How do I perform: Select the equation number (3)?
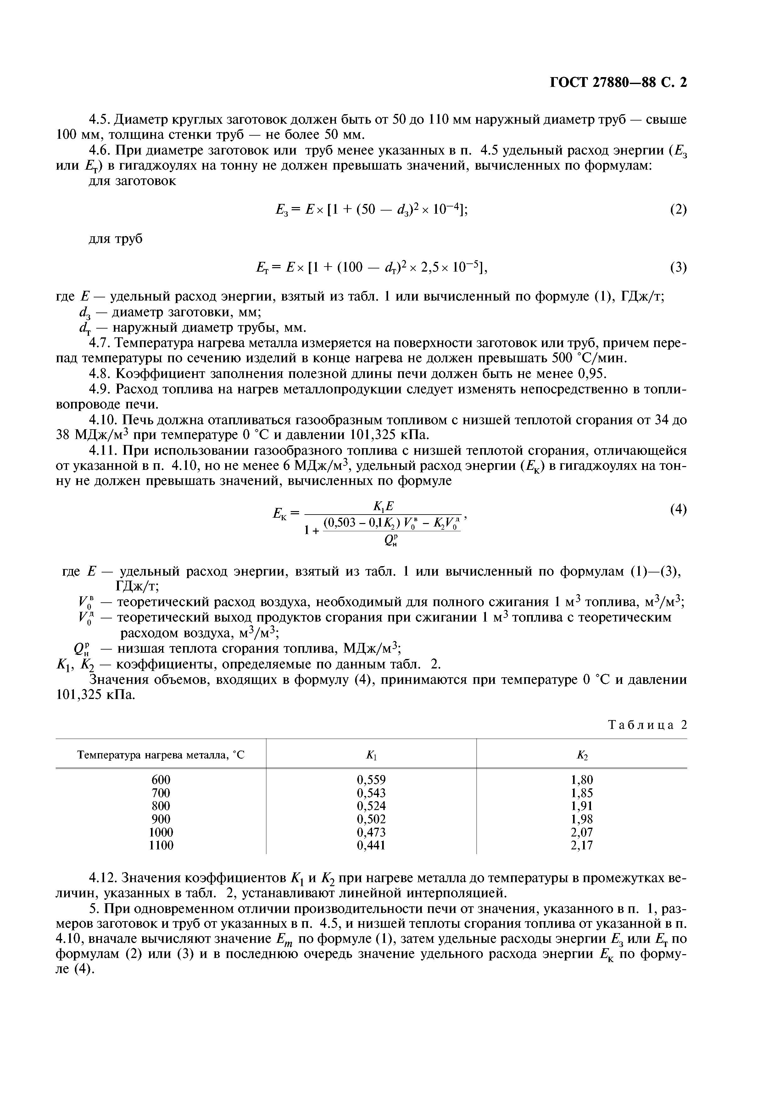coord(678,267)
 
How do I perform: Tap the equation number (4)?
coord(678,510)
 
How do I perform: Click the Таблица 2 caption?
coord(647,725)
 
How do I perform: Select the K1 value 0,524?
coord(371,806)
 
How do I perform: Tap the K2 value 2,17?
coord(582,845)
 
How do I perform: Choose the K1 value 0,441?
coord(371,845)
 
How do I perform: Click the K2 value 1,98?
coord(582,819)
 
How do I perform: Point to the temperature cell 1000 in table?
coord(161,832)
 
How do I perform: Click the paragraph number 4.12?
coord(103,878)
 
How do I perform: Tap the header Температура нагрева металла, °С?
coord(161,755)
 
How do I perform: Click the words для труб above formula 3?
coord(116,239)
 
